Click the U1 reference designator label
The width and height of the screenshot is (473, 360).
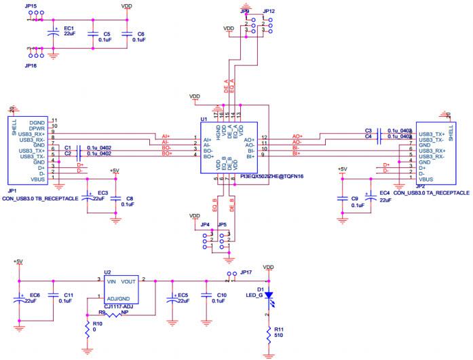204,119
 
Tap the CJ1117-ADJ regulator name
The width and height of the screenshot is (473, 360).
119,308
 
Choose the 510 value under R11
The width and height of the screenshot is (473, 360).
278,336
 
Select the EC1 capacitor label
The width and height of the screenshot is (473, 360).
69,29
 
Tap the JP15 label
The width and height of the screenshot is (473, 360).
31,5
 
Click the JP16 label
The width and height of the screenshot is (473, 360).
31,66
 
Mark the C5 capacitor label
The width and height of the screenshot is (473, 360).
107,33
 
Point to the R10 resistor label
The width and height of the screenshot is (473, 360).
98,324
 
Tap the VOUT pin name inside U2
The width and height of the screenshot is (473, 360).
130,281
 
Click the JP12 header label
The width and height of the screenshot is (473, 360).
269,12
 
